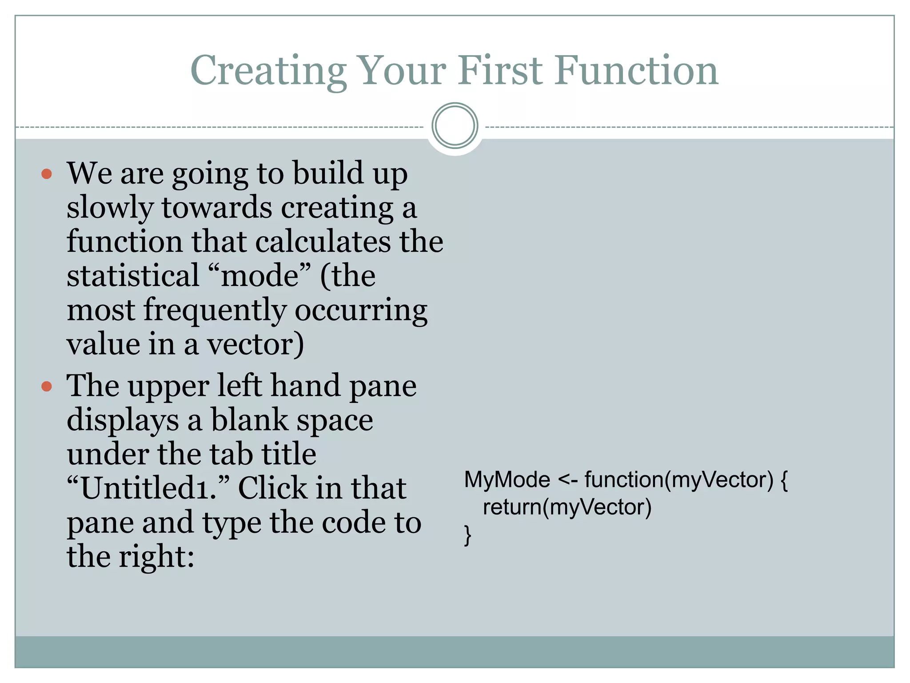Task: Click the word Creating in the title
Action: [268, 71]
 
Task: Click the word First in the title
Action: [500, 71]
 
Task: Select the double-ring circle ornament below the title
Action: [455, 126]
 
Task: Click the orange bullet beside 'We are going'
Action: [47, 173]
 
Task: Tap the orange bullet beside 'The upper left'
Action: [47, 386]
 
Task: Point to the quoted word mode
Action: [259, 276]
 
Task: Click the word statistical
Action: [133, 276]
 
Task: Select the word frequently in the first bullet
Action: [215, 310]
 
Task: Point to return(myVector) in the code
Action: [567, 507]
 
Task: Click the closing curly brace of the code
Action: [467, 534]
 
